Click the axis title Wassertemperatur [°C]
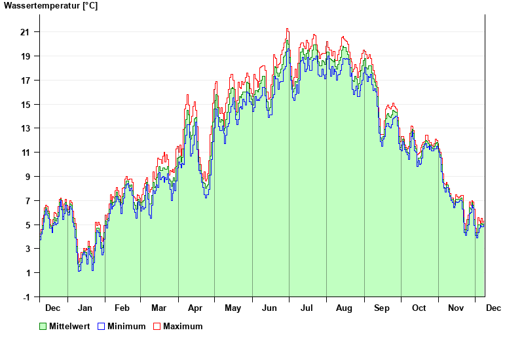click(50, 6)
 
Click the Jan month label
click(85, 308)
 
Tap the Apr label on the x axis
click(195, 308)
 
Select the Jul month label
click(307, 308)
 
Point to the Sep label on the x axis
click(382, 308)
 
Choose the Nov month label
click(456, 308)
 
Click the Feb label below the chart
click(122, 308)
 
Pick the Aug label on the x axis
click(345, 308)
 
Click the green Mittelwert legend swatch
click(43, 326)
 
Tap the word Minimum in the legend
click(126, 326)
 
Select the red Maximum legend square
click(157, 326)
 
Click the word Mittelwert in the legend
click(69, 326)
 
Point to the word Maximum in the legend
click(183, 326)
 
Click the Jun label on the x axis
click(270, 308)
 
